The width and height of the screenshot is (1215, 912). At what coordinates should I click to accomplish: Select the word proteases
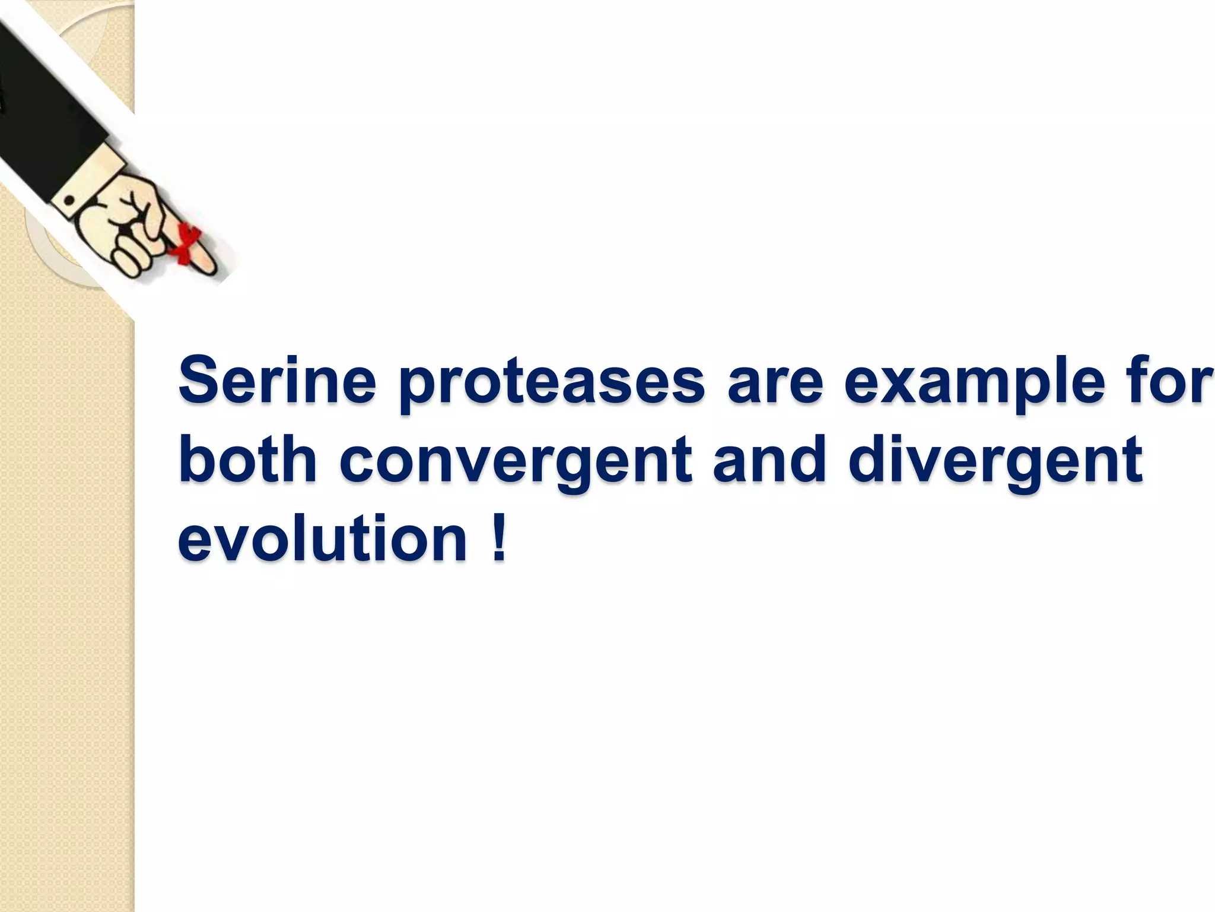[552, 383]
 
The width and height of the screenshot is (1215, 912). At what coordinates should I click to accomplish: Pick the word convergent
[516, 463]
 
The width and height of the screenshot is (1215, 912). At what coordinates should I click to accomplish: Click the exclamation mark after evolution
[498, 537]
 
